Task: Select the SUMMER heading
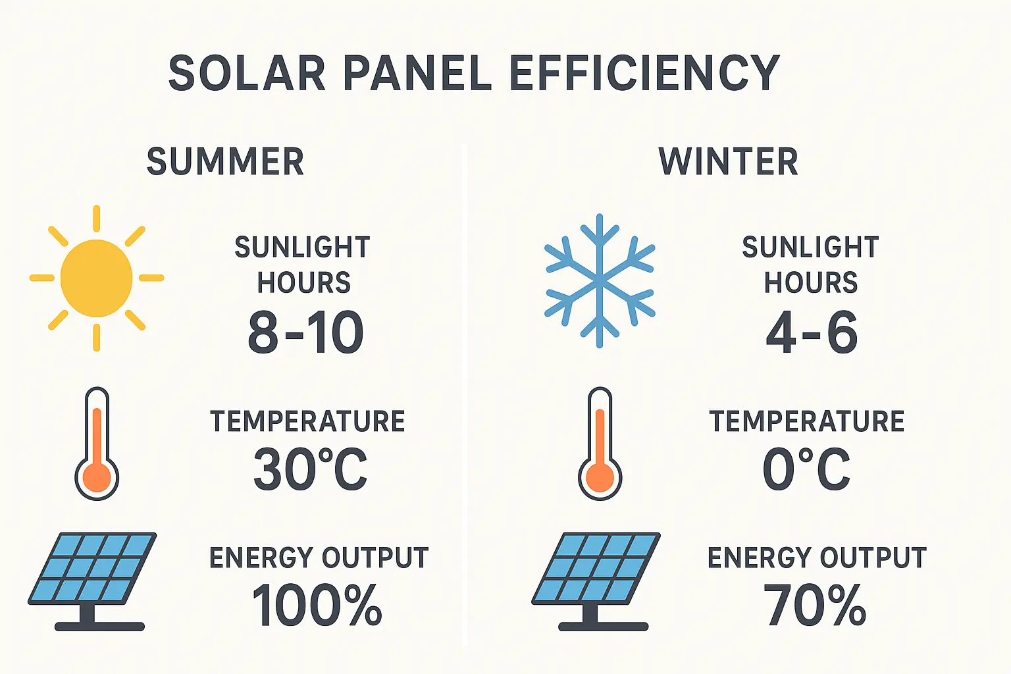coord(225,162)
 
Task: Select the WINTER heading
coord(728,162)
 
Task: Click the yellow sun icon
coord(97,278)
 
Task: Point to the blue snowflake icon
coord(600,280)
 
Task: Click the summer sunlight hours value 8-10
coord(305,332)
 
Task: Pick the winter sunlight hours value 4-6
coord(812,332)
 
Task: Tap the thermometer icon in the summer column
coord(97,443)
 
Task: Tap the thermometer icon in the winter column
coord(600,443)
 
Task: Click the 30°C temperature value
coord(310,469)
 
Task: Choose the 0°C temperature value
coord(806,469)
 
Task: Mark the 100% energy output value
coord(317,606)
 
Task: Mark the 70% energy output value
coord(815,606)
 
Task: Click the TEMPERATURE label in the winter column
coord(807,421)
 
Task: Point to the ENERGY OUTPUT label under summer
coord(319,558)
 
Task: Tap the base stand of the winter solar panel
coord(603,626)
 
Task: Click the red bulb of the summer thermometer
coord(97,477)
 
